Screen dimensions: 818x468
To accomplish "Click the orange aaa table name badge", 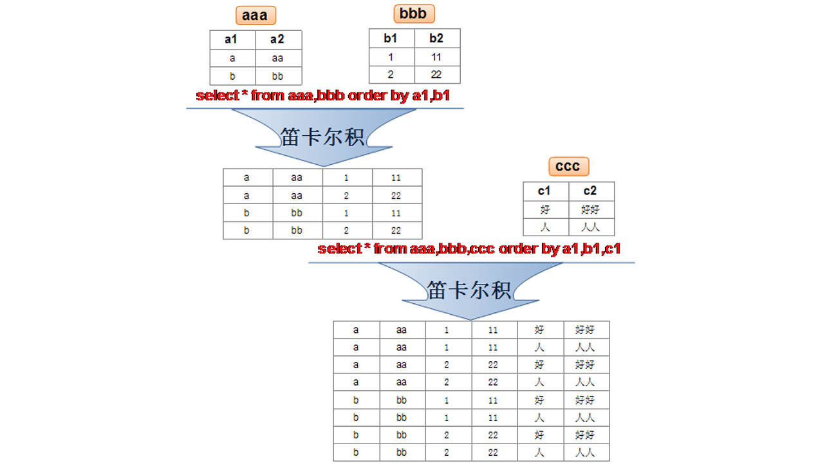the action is tap(255, 15).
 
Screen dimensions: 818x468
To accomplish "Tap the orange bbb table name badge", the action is tap(414, 14).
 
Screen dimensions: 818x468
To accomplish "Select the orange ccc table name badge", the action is tap(568, 166).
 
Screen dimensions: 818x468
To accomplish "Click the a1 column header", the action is tap(232, 40).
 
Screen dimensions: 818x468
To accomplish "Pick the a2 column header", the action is tap(277, 40).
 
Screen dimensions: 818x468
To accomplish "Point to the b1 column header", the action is tap(391, 38).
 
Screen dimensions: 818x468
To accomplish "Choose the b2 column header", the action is tap(436, 38).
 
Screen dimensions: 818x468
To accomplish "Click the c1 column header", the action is tap(545, 191).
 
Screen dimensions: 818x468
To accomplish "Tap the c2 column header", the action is tap(590, 191).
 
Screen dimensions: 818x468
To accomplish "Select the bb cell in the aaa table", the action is tap(277, 76).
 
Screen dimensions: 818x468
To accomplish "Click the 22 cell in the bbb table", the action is tap(436, 75).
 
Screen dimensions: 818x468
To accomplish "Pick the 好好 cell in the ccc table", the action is tap(590, 210).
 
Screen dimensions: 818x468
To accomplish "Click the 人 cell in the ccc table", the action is tap(545, 227).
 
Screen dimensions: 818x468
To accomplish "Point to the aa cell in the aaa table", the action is tap(277, 58).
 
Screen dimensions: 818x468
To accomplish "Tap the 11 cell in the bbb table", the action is tap(436, 57).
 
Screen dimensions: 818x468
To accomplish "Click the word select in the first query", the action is tap(217, 96).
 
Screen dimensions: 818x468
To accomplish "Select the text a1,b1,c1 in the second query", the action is tap(591, 248).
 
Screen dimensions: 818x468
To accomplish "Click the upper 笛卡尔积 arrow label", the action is tap(322, 136).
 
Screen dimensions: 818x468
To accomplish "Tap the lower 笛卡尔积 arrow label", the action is tap(469, 290).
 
